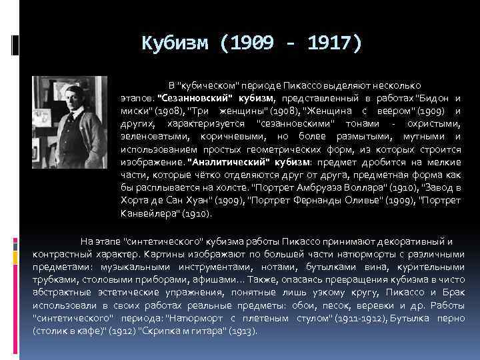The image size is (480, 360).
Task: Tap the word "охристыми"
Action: pos(433,124)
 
